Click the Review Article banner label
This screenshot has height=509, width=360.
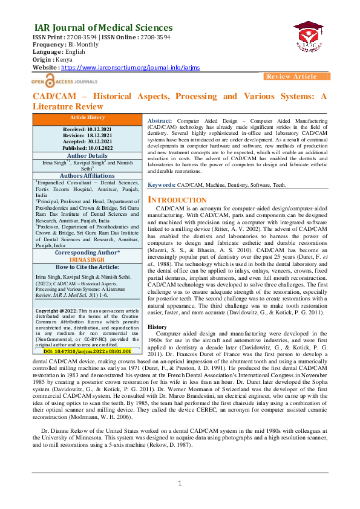pyautogui.click(x=292, y=77)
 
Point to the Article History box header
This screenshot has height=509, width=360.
pyautogui.click(x=87, y=117)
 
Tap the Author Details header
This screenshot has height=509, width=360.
pyautogui.click(x=87, y=155)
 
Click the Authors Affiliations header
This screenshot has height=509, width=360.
pyautogui.click(x=87, y=175)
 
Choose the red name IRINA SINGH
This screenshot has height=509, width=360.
pyautogui.click(x=87, y=259)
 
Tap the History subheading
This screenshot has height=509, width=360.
pyautogui.click(x=157, y=326)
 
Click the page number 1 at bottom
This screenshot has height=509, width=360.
pyautogui.click(x=180, y=500)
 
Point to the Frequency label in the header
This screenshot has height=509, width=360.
pyautogui.click(x=48, y=45)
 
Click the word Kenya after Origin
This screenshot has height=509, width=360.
pyautogui.click(x=64, y=60)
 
